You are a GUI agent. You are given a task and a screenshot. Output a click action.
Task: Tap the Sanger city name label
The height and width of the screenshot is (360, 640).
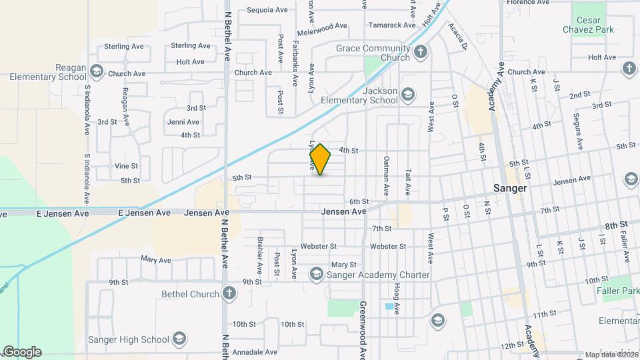[x=510, y=188]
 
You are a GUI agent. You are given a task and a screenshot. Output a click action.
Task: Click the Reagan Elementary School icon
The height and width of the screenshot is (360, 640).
[x=97, y=71]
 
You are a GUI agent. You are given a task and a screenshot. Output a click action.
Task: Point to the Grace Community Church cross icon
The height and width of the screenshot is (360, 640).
[x=421, y=51]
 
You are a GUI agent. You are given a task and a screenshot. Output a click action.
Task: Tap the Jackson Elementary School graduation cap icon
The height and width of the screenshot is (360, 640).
[x=407, y=95]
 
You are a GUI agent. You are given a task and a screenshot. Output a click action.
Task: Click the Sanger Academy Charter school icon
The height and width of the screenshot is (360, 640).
[x=316, y=274]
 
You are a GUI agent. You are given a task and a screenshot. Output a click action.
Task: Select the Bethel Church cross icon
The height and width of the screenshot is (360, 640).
[x=229, y=293]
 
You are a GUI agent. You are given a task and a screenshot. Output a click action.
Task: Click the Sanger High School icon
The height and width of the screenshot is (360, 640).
[x=179, y=339]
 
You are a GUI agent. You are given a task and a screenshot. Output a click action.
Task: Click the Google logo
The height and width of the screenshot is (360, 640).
[x=22, y=351]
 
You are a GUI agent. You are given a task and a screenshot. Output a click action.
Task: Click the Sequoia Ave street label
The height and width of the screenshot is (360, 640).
[x=267, y=10]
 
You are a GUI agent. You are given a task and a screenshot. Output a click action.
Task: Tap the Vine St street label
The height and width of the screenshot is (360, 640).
[x=126, y=166]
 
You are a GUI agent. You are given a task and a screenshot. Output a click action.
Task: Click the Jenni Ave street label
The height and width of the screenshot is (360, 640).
[x=183, y=122]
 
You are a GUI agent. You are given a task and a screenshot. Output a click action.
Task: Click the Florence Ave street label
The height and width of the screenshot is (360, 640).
[x=527, y=3]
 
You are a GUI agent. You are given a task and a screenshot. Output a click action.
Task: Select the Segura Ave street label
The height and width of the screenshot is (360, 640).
[x=578, y=131]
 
